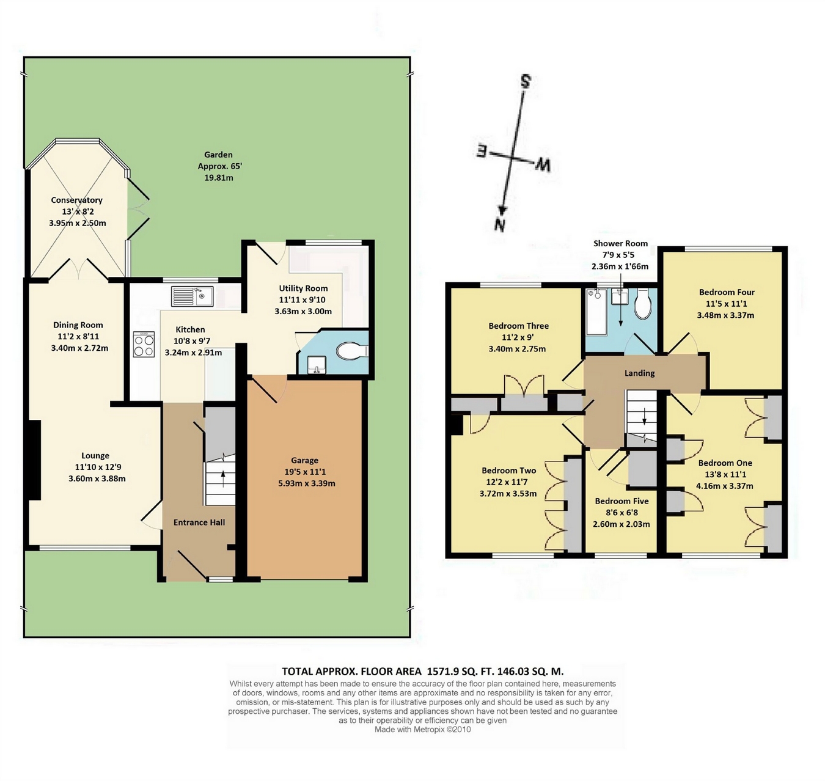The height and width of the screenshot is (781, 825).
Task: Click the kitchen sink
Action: click(192, 296)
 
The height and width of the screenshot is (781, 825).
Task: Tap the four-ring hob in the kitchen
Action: click(144, 344)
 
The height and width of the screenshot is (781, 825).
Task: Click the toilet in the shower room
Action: click(642, 305)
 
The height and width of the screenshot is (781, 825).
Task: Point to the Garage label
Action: click(305, 460)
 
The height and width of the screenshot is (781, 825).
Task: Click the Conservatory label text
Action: click(76, 200)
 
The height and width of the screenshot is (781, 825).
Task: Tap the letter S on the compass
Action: click(526, 81)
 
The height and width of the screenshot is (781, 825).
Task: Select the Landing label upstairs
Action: click(639, 373)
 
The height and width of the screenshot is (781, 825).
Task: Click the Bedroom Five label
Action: click(621, 501)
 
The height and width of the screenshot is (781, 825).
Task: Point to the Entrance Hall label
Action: click(199, 522)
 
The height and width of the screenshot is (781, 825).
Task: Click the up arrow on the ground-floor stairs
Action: click(222, 479)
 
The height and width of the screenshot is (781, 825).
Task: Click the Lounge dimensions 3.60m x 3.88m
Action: click(97, 479)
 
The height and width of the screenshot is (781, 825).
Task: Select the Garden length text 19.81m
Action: click(219, 177)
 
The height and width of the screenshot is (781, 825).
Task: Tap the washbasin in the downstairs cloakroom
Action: click(317, 364)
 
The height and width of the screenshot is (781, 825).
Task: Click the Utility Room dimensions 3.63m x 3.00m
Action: click(303, 312)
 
